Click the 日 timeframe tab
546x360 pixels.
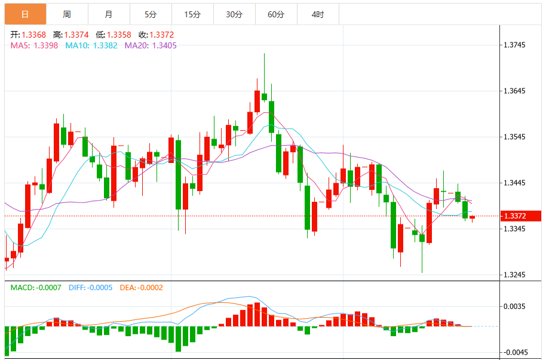pyautogui.click(x=24, y=14)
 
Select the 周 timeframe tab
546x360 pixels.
pyautogui.click(x=66, y=14)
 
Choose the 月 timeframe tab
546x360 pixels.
pyautogui.click(x=108, y=14)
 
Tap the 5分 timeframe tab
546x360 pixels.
pyautogui.click(x=150, y=14)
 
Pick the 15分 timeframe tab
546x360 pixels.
pyautogui.click(x=192, y=14)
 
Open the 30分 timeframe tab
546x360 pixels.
pyautogui.click(x=234, y=14)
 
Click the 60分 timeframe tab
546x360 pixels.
pyautogui.click(x=276, y=14)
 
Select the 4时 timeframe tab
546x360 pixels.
pyautogui.click(x=318, y=14)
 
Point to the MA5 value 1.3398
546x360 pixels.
pyautogui.click(x=45, y=45)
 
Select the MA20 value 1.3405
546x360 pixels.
pyautogui.click(x=164, y=45)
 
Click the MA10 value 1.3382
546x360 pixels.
pyautogui.click(x=105, y=45)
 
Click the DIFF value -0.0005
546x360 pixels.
pyautogui.click(x=100, y=288)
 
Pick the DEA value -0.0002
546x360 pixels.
pyautogui.click(x=151, y=288)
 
